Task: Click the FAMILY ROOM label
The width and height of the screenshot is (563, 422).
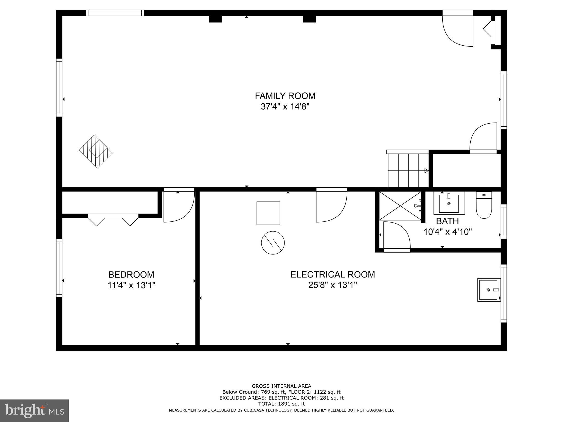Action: point(285,96)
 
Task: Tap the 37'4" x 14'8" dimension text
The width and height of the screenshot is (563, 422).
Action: point(285,107)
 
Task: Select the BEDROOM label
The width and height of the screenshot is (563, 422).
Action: point(131,275)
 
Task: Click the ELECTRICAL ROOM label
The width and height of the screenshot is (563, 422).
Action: point(333,274)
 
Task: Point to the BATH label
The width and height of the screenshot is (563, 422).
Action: point(447,221)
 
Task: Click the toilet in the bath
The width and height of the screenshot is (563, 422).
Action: point(484,206)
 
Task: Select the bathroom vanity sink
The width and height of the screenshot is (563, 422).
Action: point(449,204)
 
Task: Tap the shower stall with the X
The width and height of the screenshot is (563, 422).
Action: point(400,206)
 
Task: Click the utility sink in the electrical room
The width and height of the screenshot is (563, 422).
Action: point(489,290)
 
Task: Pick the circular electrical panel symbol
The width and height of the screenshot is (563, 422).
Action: point(273,243)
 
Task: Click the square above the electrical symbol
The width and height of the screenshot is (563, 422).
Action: point(268,213)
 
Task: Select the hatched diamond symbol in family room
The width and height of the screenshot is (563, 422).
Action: point(96,151)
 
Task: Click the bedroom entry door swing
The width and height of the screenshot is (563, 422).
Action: point(179,206)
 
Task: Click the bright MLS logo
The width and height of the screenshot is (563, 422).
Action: point(34,410)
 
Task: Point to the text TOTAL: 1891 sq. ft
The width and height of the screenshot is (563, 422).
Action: point(281,404)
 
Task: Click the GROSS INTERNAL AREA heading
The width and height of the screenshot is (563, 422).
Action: point(281,386)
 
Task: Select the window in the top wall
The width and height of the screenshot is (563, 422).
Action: point(115,13)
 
